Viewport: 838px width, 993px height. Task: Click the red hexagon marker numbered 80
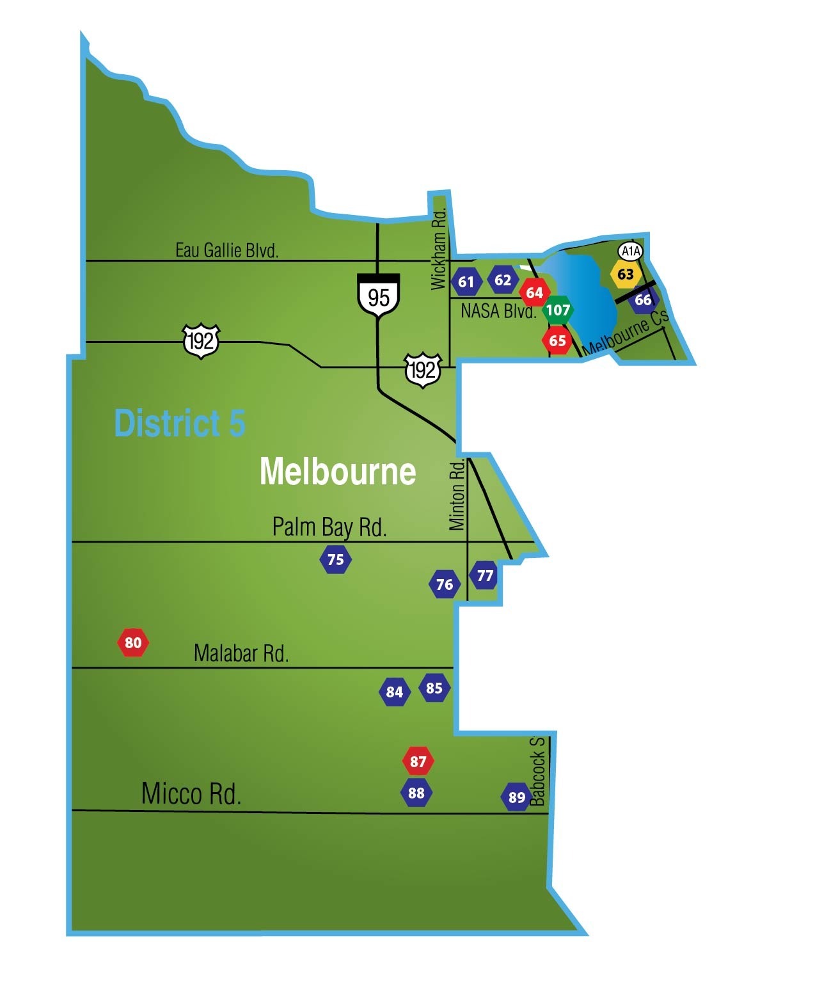click(133, 642)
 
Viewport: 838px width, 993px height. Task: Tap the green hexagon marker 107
click(558, 310)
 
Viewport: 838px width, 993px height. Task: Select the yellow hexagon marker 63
click(625, 274)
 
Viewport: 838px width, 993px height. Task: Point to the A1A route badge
click(631, 251)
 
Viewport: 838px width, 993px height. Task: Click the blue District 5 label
click(179, 424)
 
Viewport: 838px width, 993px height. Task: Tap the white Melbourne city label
click(338, 472)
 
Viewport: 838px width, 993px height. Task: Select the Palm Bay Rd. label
click(329, 527)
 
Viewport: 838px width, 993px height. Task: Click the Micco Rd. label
click(191, 793)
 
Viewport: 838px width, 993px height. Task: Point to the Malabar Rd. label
click(241, 653)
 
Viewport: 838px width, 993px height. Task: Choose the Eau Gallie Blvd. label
click(227, 250)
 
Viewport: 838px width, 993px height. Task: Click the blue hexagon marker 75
click(336, 560)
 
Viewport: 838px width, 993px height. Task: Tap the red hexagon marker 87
click(418, 761)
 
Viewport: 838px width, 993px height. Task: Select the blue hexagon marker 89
click(516, 797)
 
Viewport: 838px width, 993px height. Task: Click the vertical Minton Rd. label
click(457, 496)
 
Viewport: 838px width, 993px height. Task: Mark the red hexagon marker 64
click(534, 292)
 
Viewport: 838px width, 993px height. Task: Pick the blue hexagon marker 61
click(466, 282)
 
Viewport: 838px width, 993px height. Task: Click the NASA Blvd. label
click(498, 312)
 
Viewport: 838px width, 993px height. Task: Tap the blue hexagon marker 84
click(394, 692)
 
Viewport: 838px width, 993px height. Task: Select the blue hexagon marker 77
click(485, 575)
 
